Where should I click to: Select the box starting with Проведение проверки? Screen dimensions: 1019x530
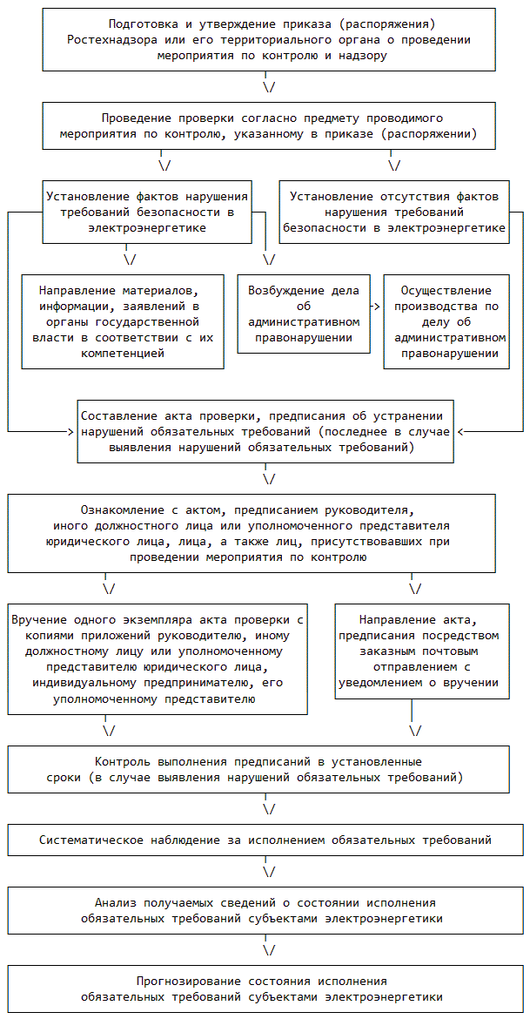point(268,126)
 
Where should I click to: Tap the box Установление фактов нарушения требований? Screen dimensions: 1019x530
point(147,212)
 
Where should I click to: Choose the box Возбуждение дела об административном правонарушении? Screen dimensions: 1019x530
point(303,314)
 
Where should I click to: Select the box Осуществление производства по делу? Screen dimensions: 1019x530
point(446,321)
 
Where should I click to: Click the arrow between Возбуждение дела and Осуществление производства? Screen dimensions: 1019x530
point(376,307)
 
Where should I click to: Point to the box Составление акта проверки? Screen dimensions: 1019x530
point(265,431)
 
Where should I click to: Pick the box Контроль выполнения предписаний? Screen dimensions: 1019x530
point(258,769)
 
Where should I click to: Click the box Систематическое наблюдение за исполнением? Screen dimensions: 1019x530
point(265,840)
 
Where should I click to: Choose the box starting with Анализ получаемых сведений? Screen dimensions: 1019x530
point(265,910)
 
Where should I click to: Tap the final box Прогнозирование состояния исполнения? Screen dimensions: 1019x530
point(265,989)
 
